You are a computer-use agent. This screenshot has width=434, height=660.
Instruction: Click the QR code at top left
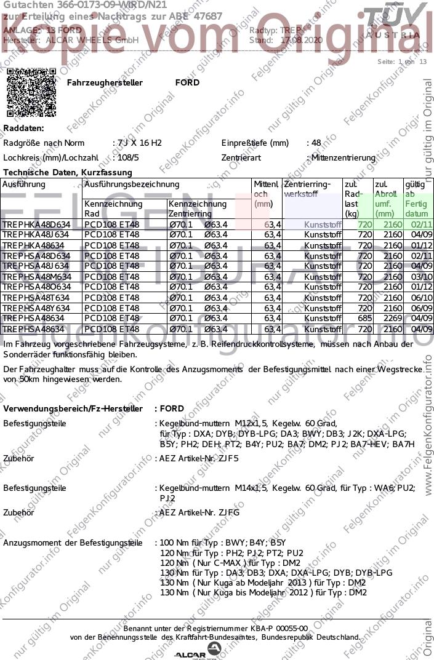point(31,92)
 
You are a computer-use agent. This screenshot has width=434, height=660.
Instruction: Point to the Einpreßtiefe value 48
point(316,143)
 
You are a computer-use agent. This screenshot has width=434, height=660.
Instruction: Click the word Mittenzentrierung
point(343,157)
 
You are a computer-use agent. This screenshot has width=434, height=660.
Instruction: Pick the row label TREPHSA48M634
point(36,277)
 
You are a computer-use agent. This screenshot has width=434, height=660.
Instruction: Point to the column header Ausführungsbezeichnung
point(132,184)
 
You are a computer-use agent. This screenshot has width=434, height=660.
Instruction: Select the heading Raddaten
point(24,128)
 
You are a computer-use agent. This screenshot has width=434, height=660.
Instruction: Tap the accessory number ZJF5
point(228,458)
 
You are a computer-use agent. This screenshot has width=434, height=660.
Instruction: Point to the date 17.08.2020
point(301,40)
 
